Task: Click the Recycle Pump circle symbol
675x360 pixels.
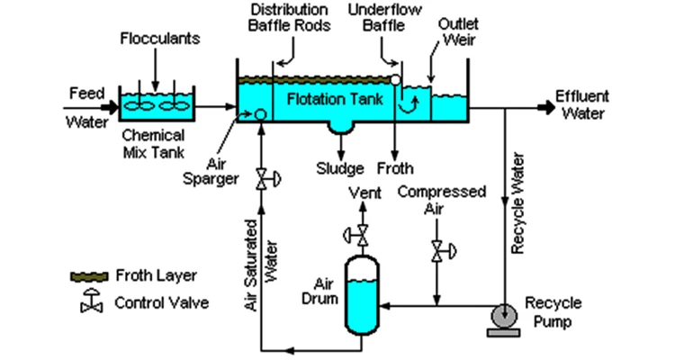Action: tap(504, 317)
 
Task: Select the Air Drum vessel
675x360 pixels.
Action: tap(362, 295)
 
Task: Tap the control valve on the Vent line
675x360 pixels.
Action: tap(358, 235)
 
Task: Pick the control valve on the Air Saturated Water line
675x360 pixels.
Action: tap(267, 179)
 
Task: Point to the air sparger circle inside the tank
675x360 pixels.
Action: tap(260, 114)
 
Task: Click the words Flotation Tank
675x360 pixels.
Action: tap(335, 100)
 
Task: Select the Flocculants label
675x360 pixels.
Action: tap(159, 39)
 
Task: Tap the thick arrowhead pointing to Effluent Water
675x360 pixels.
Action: tap(547, 108)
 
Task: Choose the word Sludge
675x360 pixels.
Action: tap(340, 168)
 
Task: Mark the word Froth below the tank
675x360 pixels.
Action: tap(395, 168)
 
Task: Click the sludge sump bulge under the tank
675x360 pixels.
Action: tap(341, 128)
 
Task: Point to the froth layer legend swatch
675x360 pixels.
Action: tap(89, 276)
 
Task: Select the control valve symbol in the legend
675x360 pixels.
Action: tap(91, 300)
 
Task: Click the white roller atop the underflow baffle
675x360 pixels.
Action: tap(395, 80)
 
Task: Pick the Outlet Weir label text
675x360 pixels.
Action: tap(458, 31)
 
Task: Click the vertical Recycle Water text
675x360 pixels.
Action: tap(517, 202)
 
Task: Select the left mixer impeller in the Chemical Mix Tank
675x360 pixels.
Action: tap(139, 105)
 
